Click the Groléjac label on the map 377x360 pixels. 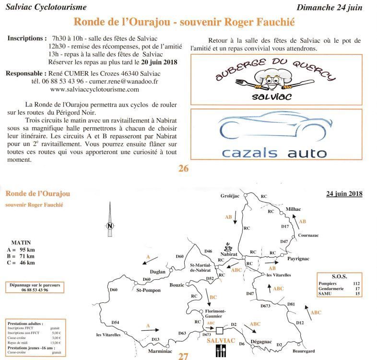tap(230, 196)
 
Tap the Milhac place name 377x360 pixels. tap(293, 209)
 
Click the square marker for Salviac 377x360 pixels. tap(219, 331)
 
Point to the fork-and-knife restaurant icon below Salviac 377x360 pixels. tap(221, 351)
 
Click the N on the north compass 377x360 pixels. tap(110, 226)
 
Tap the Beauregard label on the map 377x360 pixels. tap(304, 351)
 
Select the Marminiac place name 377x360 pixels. tap(160, 351)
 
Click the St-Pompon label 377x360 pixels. tap(148, 290)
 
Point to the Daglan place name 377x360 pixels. tap(157, 272)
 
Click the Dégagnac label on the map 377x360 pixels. tap(261, 342)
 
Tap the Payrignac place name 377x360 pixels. tap(298, 259)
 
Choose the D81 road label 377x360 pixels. tap(291, 304)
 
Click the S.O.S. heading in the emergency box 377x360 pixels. tap(339, 276)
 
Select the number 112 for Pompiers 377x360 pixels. tap(356, 284)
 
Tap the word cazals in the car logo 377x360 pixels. tap(249, 153)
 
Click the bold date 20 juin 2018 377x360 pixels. tap(159, 62)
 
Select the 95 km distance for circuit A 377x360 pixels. tap(27, 250)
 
